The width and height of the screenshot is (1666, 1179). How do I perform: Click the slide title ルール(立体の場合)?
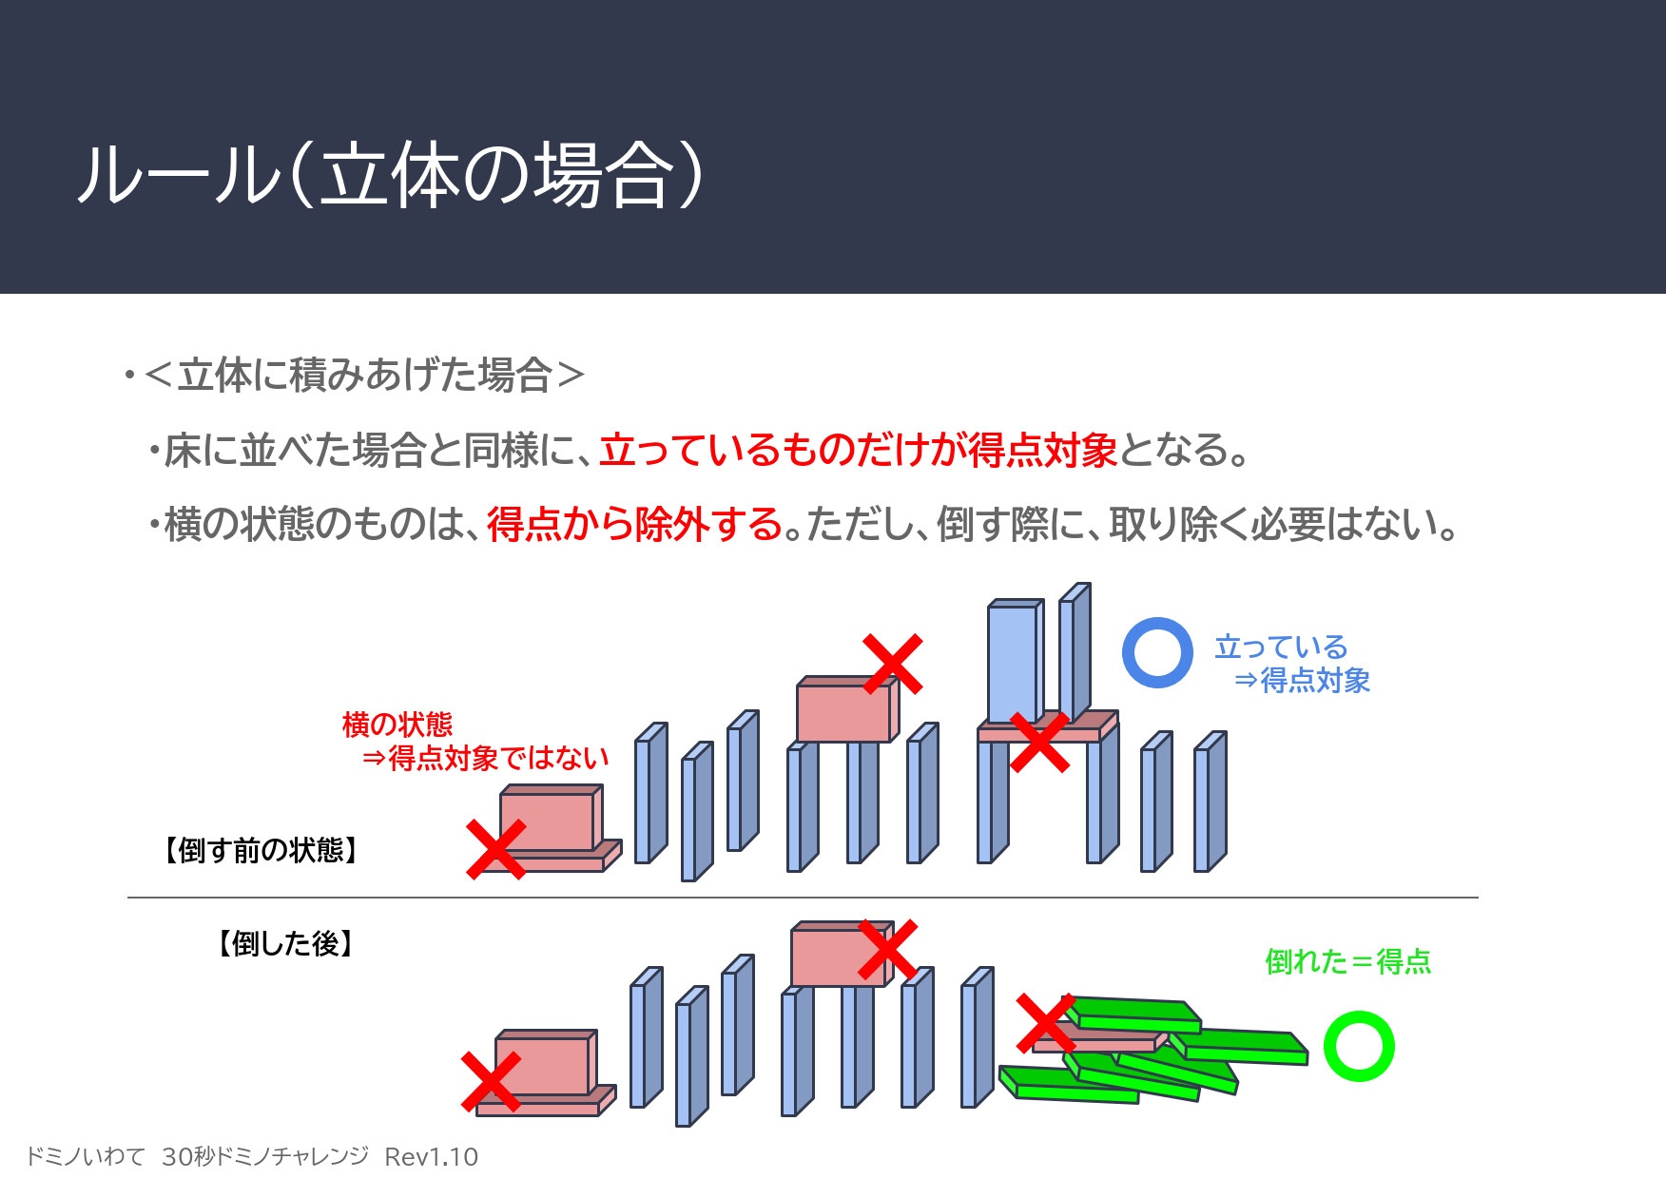pyautogui.click(x=391, y=175)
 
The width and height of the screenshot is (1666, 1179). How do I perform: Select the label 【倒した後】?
pyautogui.click(x=285, y=943)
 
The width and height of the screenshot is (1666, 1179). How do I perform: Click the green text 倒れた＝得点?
pyautogui.click(x=1347, y=961)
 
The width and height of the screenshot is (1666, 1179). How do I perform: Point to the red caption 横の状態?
pyautogui.click(x=397, y=725)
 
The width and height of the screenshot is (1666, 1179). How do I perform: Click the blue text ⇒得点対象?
pyautogui.click(x=1302, y=680)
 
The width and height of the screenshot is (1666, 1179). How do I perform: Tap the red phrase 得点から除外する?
pyautogui.click(x=635, y=524)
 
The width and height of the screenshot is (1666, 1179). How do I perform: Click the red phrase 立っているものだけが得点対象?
pyautogui.click(x=859, y=450)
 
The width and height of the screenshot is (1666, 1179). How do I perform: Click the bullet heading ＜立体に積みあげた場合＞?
pyautogui.click(x=364, y=375)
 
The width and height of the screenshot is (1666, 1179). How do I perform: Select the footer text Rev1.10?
pyautogui.click(x=431, y=1156)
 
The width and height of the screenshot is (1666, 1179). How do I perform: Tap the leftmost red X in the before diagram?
pyautogui.click(x=495, y=849)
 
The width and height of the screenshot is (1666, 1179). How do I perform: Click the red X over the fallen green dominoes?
pyautogui.click(x=1045, y=1023)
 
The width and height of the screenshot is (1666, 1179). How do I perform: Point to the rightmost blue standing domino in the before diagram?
pyautogui.click(x=1211, y=801)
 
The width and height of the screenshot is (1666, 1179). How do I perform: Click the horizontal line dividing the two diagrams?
pyautogui.click(x=803, y=897)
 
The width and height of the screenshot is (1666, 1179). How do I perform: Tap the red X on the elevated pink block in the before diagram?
pyautogui.click(x=892, y=664)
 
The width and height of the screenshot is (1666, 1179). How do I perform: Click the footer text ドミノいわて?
pyautogui.click(x=85, y=1156)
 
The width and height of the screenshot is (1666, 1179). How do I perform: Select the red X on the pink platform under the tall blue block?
pyautogui.click(x=1039, y=742)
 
